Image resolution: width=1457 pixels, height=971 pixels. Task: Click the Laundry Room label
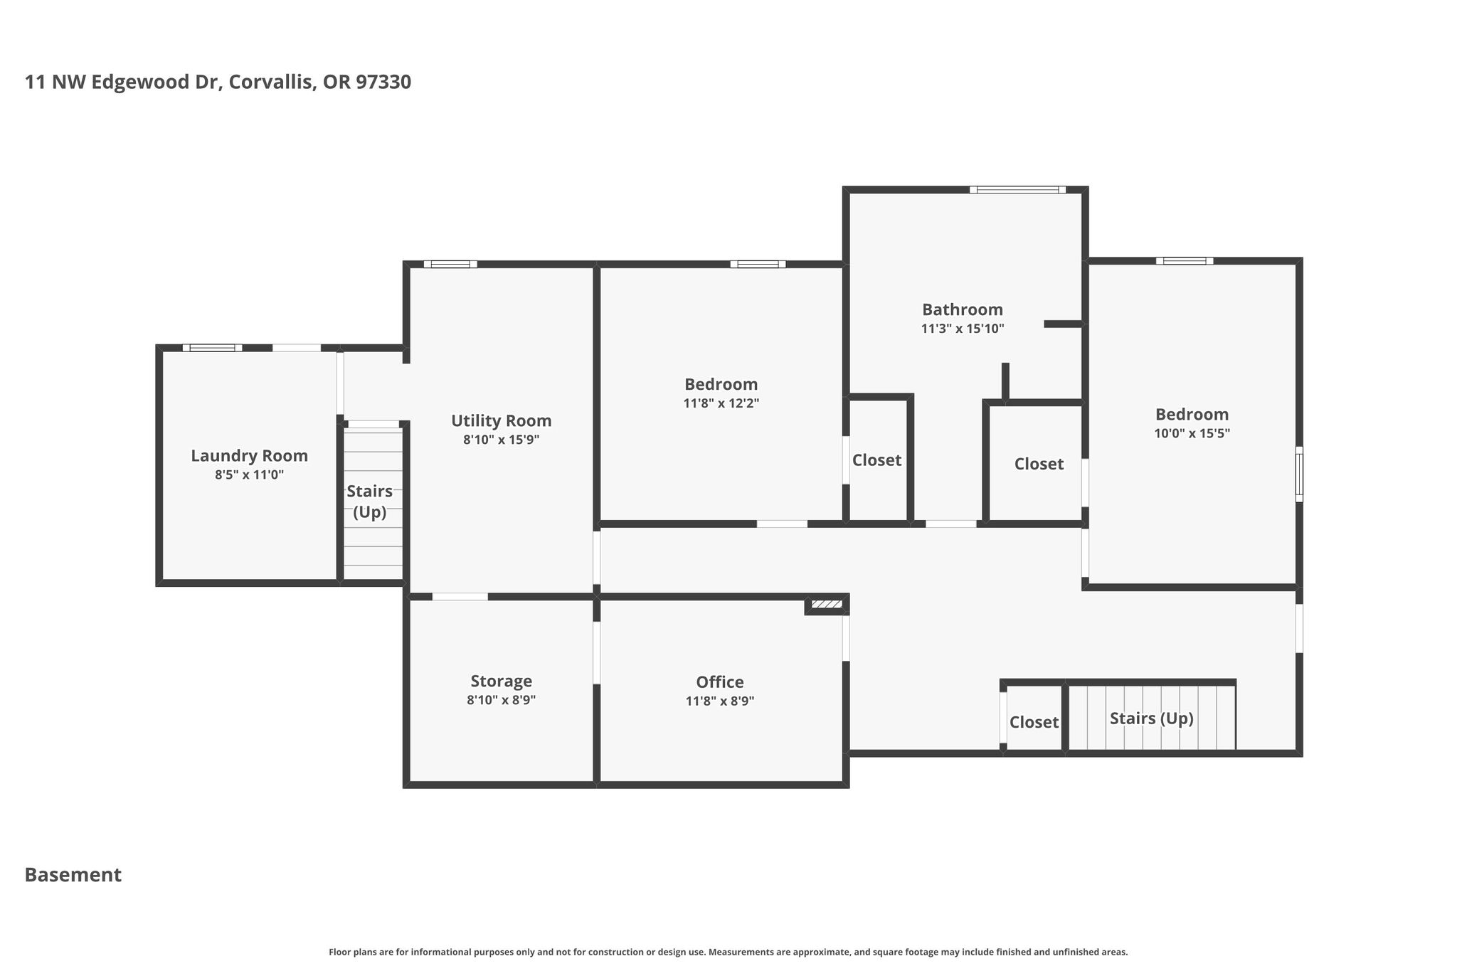coord(249,456)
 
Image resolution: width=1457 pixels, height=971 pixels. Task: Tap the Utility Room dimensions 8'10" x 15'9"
coord(501,440)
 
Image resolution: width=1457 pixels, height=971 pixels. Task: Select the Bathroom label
coord(963,309)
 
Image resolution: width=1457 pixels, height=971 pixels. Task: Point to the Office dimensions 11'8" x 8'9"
coord(720,701)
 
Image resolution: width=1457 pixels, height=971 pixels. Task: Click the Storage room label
coord(501,681)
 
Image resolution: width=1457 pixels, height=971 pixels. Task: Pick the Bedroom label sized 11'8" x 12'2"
coord(721,384)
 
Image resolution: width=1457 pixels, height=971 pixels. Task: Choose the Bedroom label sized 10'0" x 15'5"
coord(1192,414)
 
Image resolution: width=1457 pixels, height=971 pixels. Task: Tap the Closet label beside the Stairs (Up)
coord(1034,722)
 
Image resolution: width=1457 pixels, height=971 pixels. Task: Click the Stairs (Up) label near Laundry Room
coord(370,502)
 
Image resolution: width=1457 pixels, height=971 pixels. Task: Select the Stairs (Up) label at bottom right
coord(1151,718)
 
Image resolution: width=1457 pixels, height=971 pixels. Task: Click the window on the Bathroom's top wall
coord(1017,190)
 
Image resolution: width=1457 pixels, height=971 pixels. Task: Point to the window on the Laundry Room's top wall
coord(212,348)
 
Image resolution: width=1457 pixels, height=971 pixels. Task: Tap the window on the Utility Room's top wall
coord(450,264)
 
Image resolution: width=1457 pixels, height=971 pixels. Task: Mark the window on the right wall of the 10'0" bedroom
coord(1299,474)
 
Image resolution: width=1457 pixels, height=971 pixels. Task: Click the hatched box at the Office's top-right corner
coord(827,605)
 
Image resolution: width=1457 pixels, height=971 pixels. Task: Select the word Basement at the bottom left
coord(73,874)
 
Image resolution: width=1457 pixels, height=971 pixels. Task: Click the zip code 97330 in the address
coord(383,82)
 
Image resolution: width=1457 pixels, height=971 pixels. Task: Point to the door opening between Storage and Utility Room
coord(460,596)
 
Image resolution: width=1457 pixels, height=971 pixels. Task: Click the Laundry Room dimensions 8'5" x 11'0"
coord(249,474)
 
